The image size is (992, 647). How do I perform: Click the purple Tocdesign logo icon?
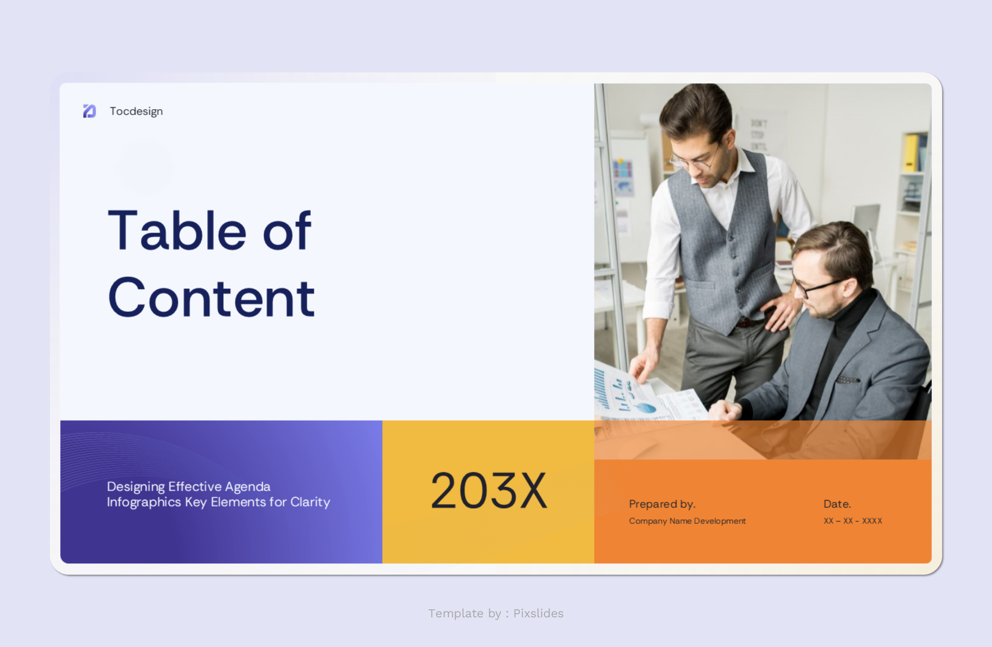(x=89, y=111)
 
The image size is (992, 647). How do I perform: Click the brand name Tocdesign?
(x=136, y=111)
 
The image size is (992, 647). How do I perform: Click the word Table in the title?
(x=177, y=231)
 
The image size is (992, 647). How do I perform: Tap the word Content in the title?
(x=211, y=298)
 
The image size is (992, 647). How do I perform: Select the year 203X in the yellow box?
(x=489, y=491)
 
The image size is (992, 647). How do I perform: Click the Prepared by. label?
(x=662, y=504)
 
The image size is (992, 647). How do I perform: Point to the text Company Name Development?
(x=687, y=521)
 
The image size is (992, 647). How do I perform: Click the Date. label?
(x=837, y=504)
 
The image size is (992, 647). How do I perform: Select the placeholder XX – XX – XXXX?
(x=853, y=521)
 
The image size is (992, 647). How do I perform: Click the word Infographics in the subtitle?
(x=144, y=502)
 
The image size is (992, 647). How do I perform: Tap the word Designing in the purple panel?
(x=136, y=487)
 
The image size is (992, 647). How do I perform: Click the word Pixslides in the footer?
(x=538, y=613)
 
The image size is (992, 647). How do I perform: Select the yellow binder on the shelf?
(x=911, y=153)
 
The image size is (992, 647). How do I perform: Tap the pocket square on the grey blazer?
(x=847, y=380)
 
